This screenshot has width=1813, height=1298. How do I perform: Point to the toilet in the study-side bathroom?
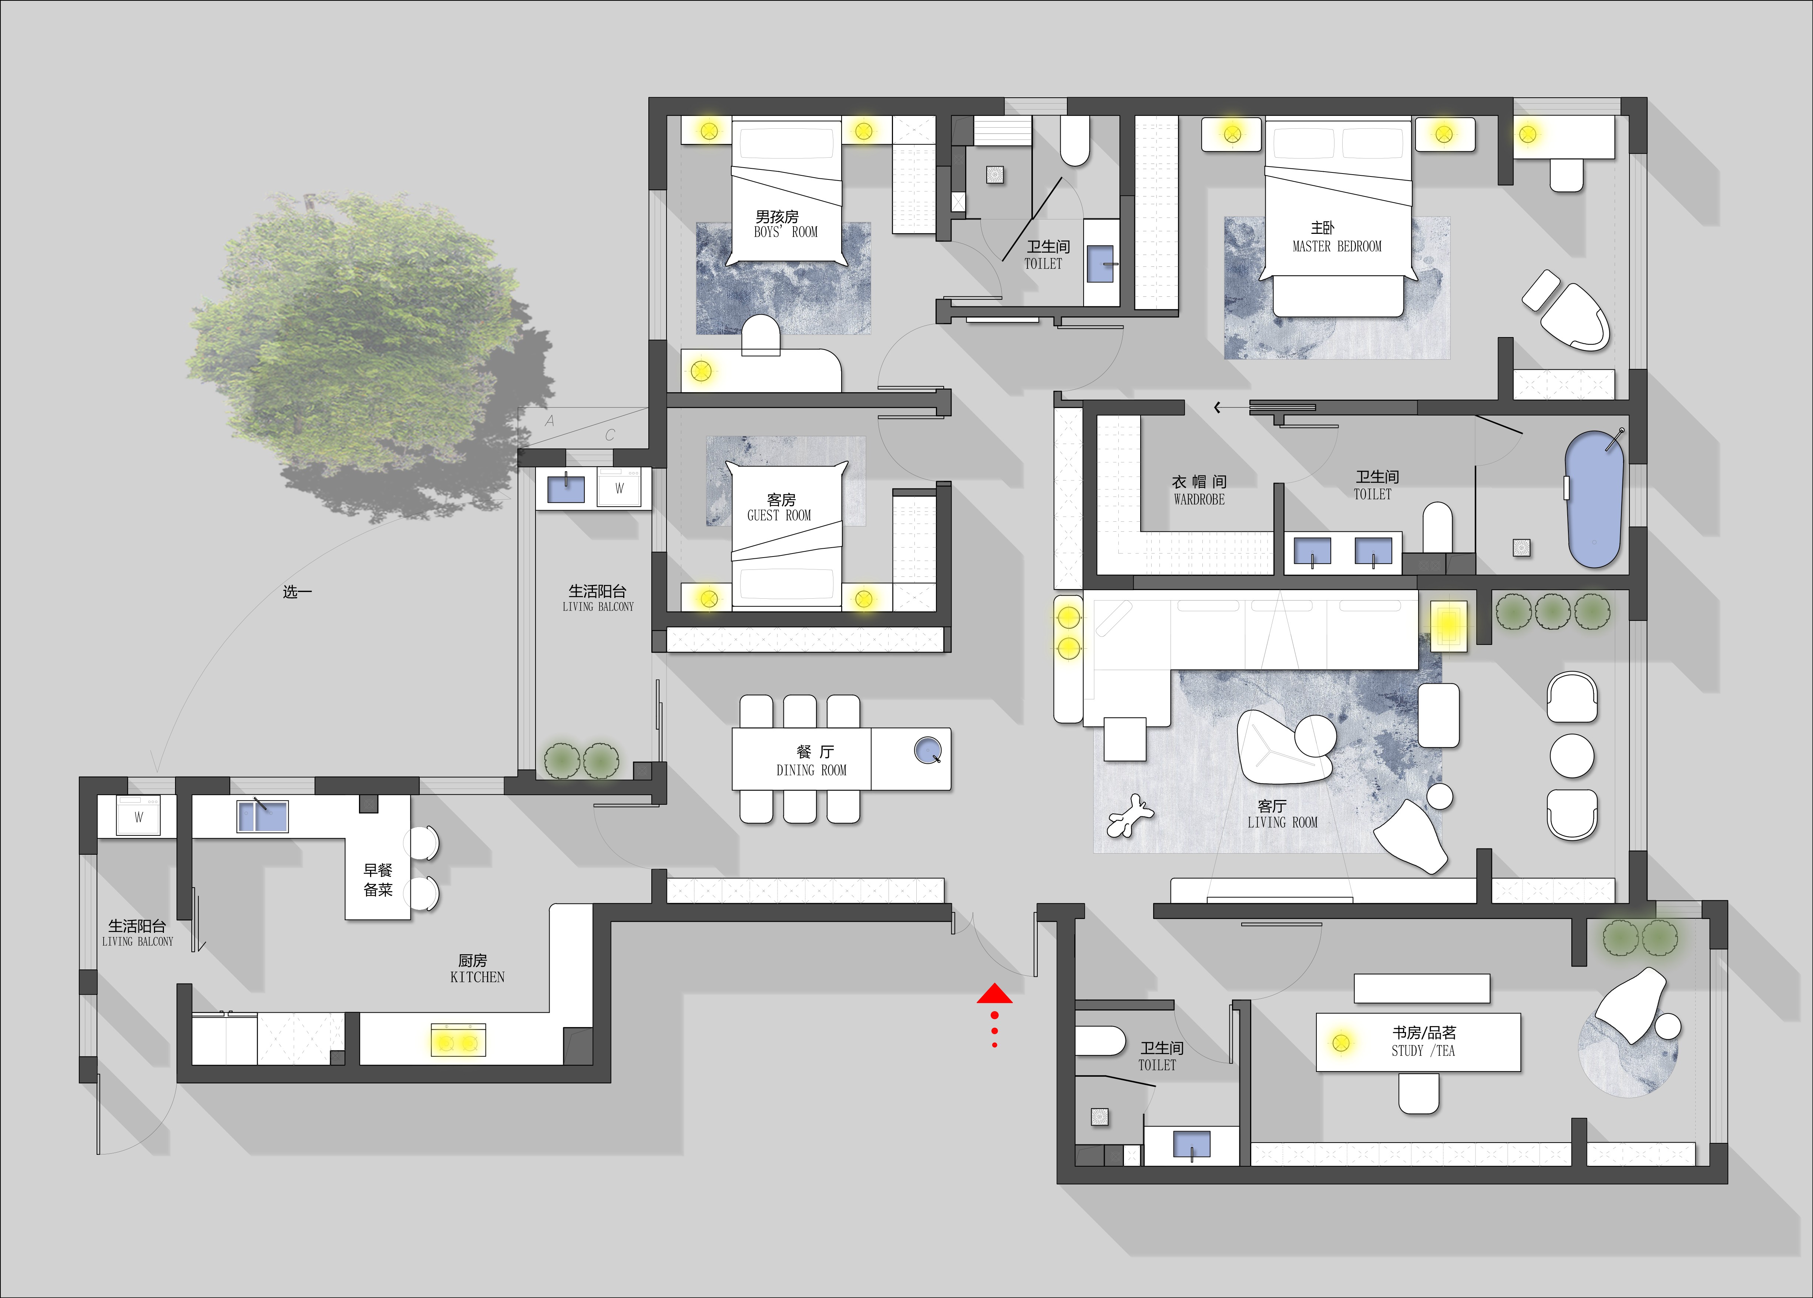1100,1040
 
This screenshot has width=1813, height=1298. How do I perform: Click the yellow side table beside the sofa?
1448,625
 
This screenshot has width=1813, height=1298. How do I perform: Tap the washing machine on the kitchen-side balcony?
138,816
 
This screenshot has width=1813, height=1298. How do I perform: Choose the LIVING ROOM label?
1282,823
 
